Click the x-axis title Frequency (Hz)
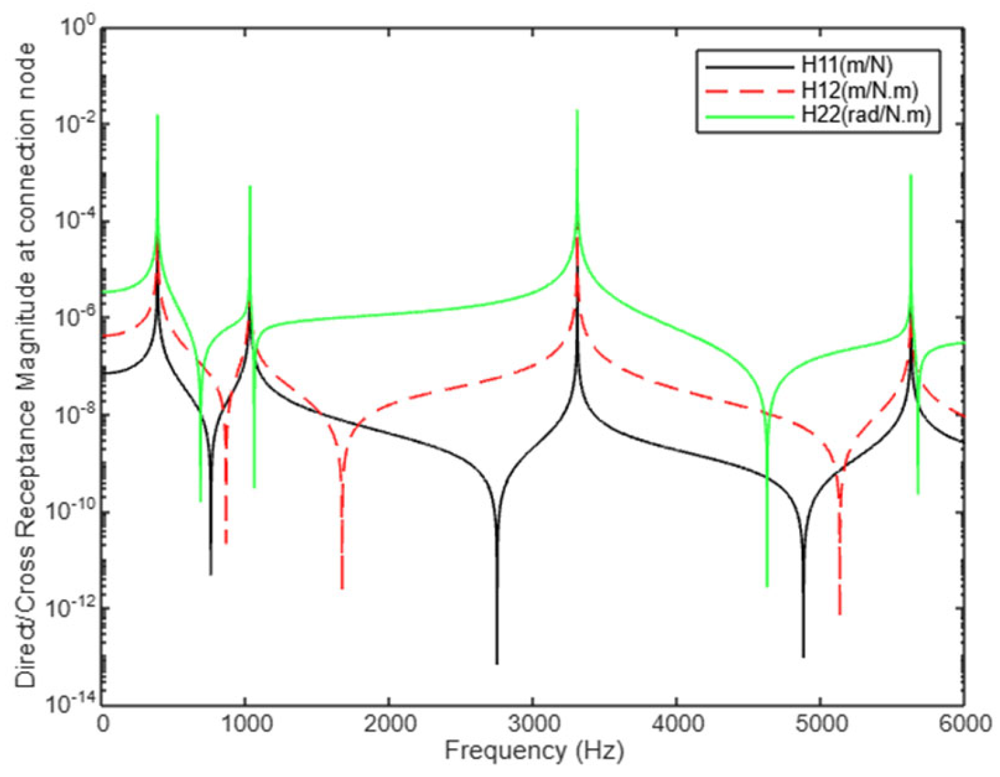534,751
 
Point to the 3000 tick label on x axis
532,724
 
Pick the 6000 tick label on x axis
964,724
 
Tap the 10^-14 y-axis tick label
72,705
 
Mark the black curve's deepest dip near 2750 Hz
497,663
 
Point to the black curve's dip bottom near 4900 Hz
803,656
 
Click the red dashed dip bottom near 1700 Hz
341,588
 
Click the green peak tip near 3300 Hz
577,111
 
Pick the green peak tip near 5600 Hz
911,175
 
